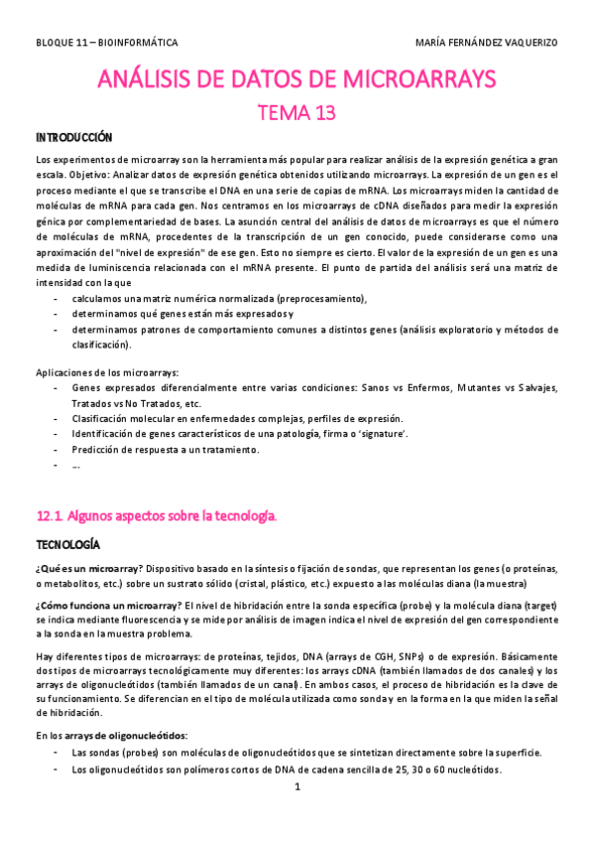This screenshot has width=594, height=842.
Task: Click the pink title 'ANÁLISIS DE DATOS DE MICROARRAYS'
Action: pos(297,79)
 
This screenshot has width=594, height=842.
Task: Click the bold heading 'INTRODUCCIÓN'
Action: pos(74,137)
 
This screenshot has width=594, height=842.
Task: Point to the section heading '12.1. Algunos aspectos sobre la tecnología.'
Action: pos(157,516)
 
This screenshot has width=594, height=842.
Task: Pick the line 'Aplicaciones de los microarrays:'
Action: pos(107,371)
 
